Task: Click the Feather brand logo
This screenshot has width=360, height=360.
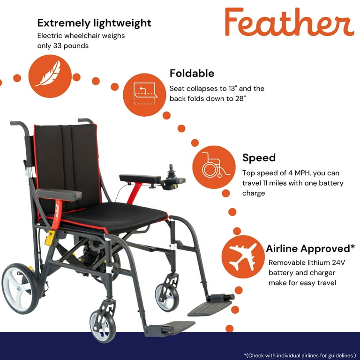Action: [x=289, y=22]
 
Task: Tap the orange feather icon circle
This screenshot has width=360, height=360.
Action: [x=50, y=76]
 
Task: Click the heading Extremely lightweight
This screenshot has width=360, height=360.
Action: [x=94, y=22]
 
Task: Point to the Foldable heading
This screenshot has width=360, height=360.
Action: [x=192, y=74]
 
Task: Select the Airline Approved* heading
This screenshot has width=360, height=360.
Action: [x=310, y=248]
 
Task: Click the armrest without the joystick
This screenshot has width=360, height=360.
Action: [x=59, y=194]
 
